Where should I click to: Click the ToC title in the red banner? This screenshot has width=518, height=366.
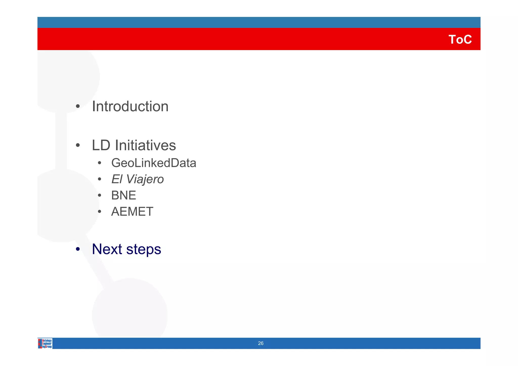(x=460, y=39)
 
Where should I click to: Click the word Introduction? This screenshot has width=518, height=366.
(x=130, y=106)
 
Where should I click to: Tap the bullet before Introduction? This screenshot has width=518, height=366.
(x=78, y=106)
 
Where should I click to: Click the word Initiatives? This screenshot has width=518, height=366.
(x=145, y=145)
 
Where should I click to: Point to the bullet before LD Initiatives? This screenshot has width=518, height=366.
(x=78, y=146)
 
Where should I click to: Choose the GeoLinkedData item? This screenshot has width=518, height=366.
(x=154, y=163)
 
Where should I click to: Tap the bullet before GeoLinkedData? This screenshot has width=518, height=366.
(x=100, y=163)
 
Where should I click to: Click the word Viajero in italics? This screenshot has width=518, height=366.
(x=145, y=179)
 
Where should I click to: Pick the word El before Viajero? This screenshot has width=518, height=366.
(x=117, y=179)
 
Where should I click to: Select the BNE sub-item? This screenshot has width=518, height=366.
(x=123, y=195)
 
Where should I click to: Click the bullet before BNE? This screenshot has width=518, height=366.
(x=100, y=195)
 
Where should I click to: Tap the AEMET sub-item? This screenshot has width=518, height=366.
(x=132, y=212)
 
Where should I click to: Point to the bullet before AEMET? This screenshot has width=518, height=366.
(x=100, y=212)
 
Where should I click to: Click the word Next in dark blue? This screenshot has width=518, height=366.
(x=107, y=249)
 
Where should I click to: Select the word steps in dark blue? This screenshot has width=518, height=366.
(x=143, y=249)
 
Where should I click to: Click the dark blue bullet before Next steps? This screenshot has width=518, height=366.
(x=78, y=249)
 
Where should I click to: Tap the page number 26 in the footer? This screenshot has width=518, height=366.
(x=261, y=343)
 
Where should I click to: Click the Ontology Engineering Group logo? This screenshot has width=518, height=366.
(x=45, y=344)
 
